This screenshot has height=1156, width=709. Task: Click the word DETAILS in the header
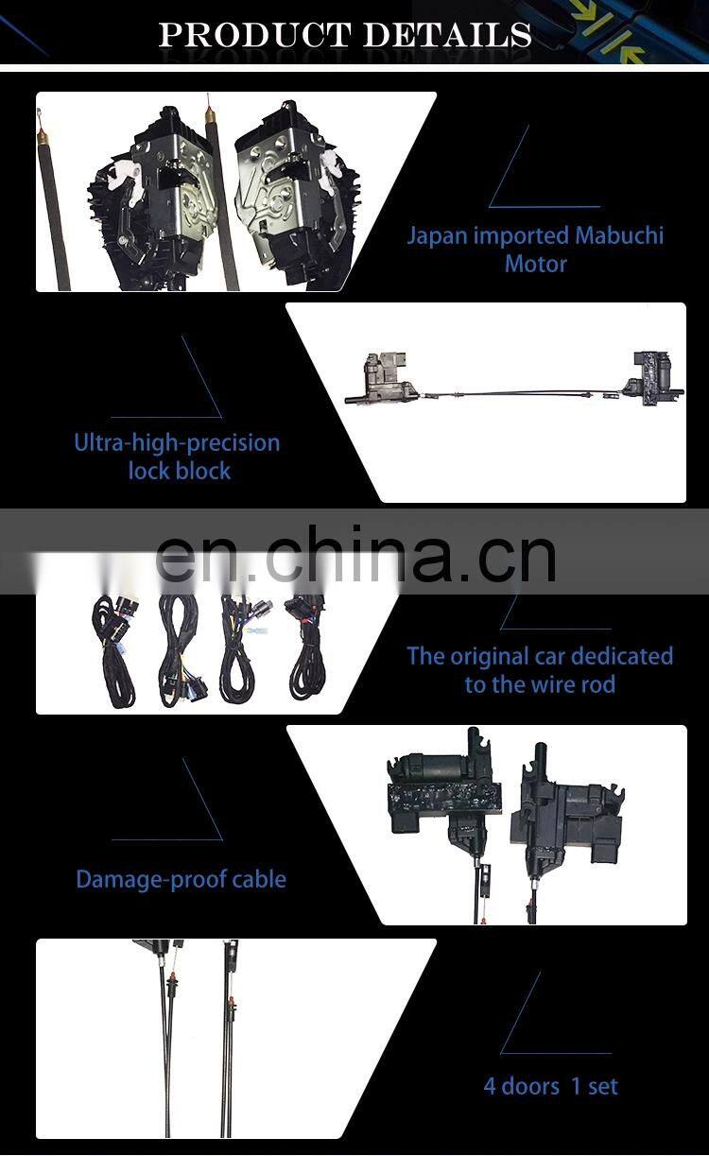(x=447, y=35)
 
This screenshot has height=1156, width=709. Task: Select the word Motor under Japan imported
(x=535, y=264)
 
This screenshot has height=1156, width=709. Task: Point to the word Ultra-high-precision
(x=177, y=442)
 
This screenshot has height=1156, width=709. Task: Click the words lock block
(x=179, y=470)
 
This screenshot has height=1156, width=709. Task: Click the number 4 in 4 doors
(x=490, y=1086)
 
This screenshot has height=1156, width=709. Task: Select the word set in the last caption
(x=602, y=1086)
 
